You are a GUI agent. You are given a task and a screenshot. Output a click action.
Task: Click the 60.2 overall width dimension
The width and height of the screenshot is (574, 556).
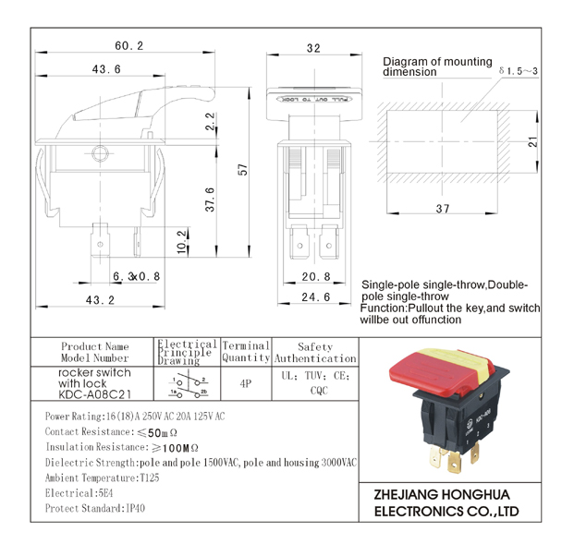tap(128, 46)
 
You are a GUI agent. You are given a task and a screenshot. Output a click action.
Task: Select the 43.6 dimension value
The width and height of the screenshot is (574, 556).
tap(106, 69)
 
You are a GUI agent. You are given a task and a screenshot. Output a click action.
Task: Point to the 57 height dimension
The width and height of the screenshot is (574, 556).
tap(243, 169)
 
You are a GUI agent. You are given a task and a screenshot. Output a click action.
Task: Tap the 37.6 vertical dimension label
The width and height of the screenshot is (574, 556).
tap(210, 199)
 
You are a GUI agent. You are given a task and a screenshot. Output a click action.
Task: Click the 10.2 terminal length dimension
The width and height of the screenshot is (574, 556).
tap(182, 242)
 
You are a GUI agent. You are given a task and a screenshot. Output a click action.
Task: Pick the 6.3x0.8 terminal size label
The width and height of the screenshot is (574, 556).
tap(136, 276)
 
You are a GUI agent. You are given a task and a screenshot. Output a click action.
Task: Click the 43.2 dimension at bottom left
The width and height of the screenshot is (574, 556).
tap(100, 300)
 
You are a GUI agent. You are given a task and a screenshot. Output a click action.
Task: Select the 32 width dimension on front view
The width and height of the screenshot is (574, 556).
tap(313, 48)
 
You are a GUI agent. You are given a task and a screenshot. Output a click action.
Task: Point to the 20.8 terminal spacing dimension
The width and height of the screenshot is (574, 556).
tap(316, 276)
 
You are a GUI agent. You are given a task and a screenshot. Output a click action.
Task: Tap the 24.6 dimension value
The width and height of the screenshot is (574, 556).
tap(315, 297)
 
